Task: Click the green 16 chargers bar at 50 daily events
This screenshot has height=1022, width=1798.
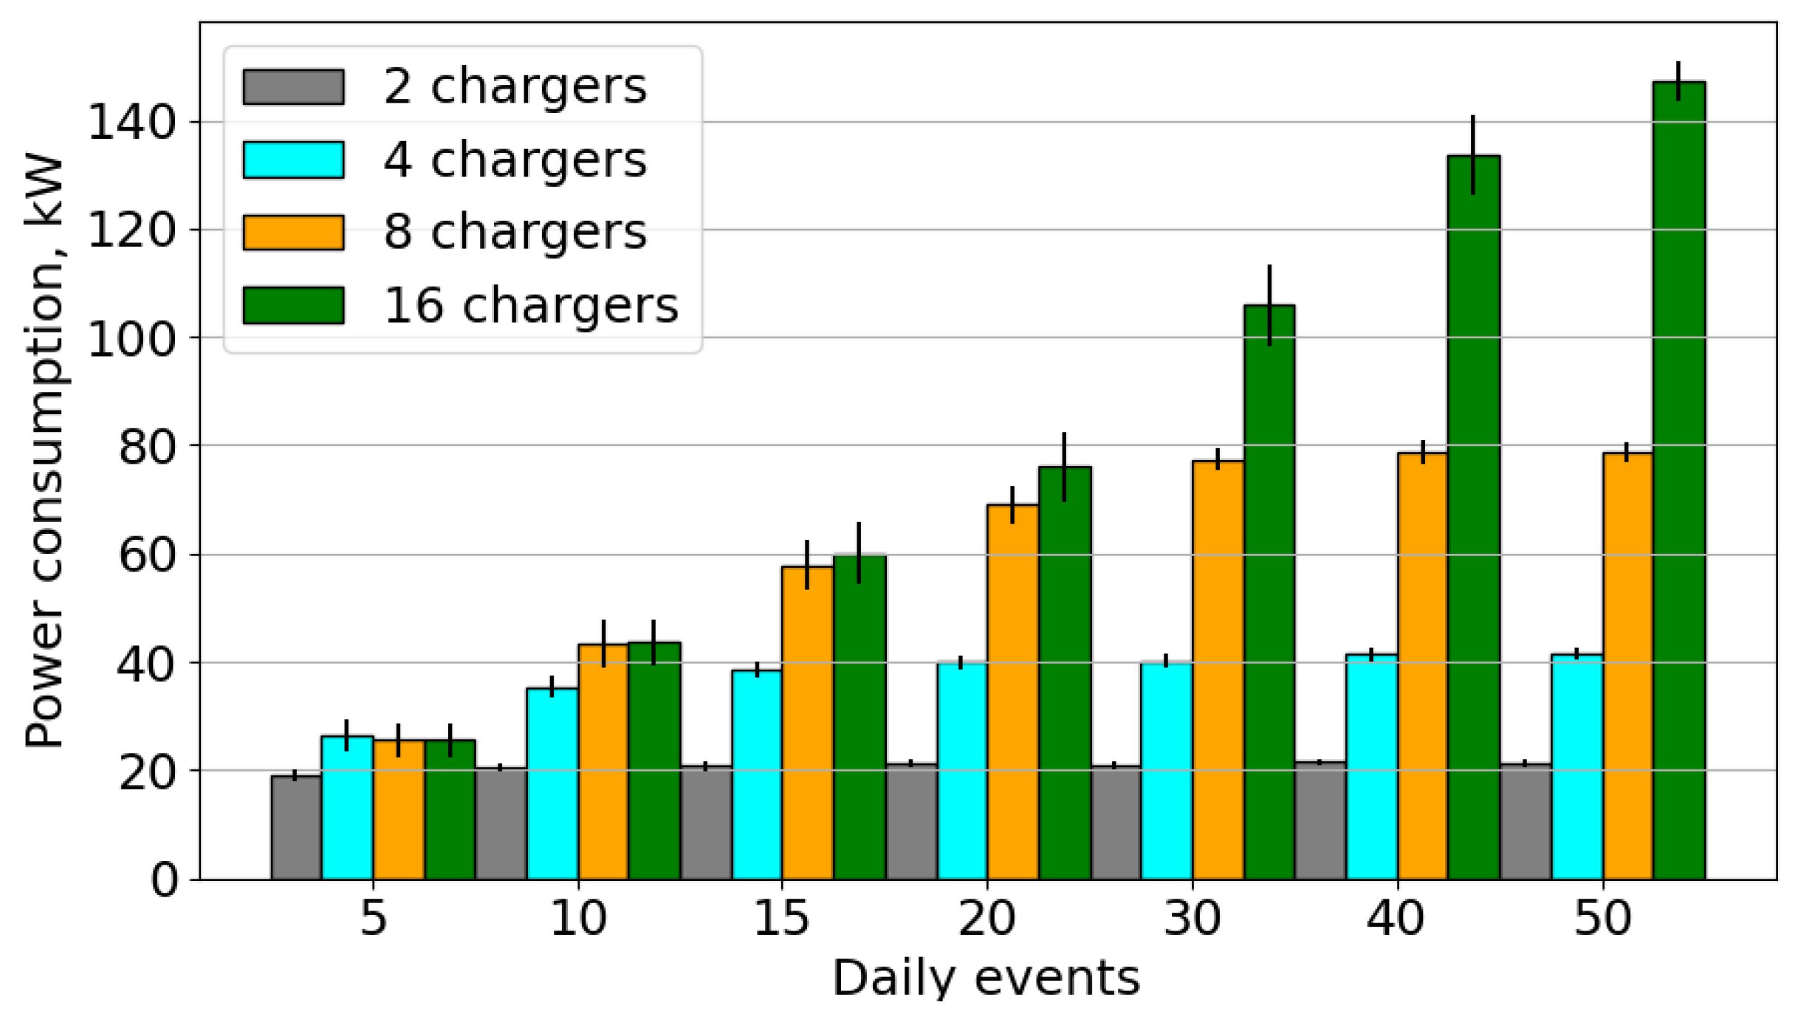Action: coord(1678,480)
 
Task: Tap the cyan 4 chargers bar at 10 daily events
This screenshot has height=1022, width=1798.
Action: coord(552,783)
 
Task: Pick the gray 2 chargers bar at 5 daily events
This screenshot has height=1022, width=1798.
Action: coord(296,827)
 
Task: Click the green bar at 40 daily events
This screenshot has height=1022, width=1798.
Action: coord(1473,517)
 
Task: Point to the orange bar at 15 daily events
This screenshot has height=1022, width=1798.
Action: coord(807,723)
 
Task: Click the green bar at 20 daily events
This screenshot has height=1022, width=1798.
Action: coord(1064,673)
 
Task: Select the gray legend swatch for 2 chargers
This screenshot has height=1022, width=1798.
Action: coord(293,87)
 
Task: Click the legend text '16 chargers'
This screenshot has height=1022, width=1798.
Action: coord(530,305)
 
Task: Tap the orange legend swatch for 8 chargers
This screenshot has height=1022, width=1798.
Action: coord(293,233)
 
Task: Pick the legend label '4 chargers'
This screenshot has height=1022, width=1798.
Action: coord(515,160)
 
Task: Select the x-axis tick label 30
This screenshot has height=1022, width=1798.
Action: coord(1192,918)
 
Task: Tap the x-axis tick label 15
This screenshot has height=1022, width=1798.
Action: coord(781,918)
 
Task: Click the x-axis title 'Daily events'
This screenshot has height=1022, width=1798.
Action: coord(987,978)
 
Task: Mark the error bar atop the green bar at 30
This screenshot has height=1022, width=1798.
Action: coord(1269,305)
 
